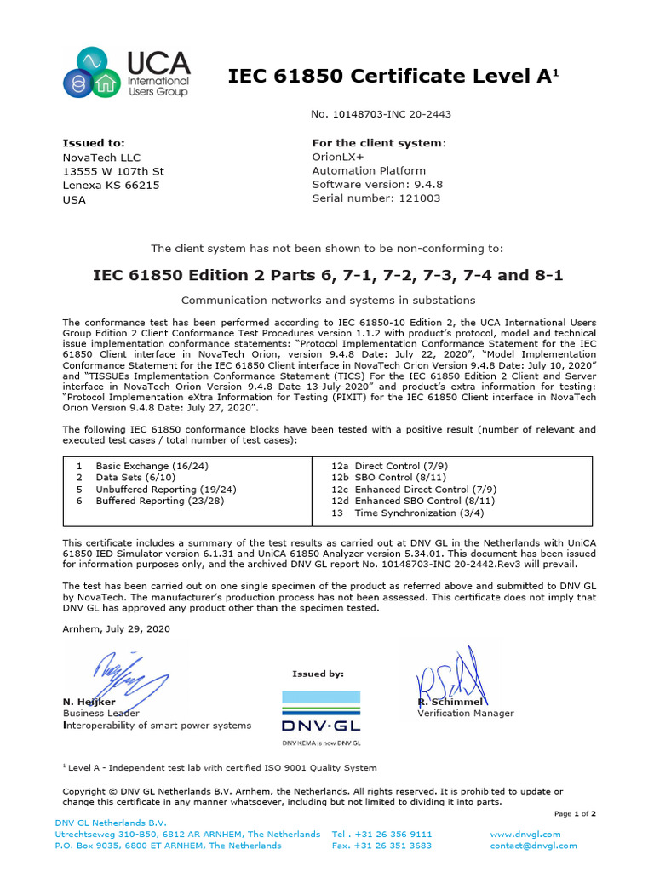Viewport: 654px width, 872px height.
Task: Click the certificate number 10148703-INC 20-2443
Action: pos(381,114)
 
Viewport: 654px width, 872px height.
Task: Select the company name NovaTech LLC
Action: pos(101,158)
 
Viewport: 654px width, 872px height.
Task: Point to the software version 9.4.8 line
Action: pos(377,185)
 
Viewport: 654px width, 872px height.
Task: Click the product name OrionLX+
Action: pos(339,158)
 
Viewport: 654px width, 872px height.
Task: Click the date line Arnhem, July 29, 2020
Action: pos(117,629)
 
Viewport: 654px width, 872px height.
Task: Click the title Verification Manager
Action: pos(465,714)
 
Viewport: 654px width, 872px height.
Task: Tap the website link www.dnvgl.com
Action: pos(525,835)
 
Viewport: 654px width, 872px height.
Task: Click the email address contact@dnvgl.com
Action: pos(533,846)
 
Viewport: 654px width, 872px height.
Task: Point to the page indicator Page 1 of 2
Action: pos(575,814)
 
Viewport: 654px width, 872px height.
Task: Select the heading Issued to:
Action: pos(94,143)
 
